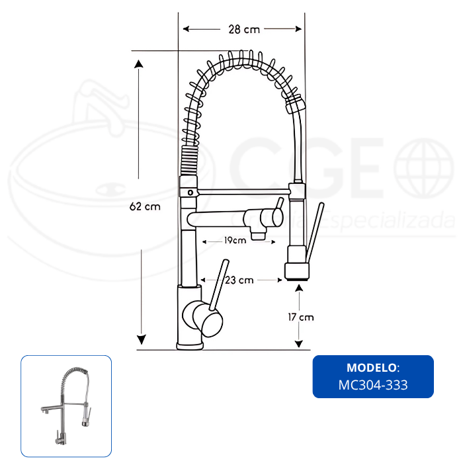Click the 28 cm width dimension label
[244, 30]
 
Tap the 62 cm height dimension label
[145, 206]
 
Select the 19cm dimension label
[235, 240]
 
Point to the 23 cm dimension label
[239, 280]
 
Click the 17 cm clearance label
[301, 317]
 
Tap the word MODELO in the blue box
[372, 368]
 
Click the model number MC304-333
[373, 385]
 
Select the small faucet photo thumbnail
[66, 406]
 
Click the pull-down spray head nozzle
[297, 272]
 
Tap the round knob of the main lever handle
[208, 319]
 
